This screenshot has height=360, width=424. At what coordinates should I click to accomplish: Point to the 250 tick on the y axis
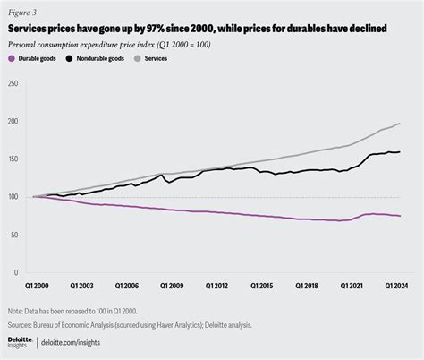point(13,83)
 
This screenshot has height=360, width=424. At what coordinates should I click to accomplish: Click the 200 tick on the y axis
point(13,121)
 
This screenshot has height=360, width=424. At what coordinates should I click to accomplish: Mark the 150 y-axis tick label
point(13,159)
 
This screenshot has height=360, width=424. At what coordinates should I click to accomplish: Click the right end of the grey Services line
point(399,124)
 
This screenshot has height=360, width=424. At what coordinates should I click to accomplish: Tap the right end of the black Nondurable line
point(399,151)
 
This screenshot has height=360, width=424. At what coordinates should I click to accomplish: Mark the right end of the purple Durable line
point(399,216)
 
